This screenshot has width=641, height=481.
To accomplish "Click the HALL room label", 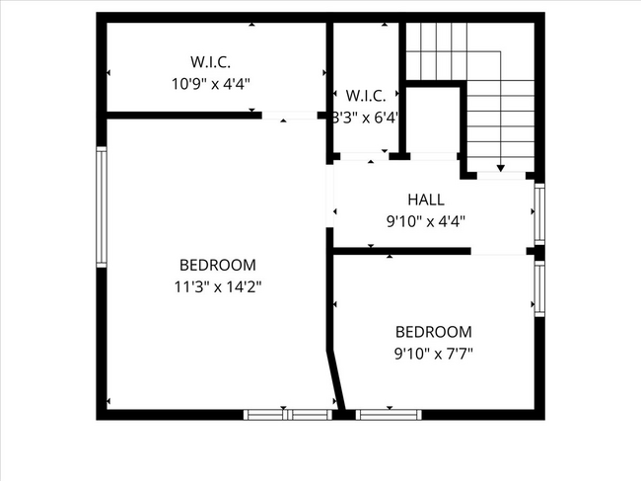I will (426, 200).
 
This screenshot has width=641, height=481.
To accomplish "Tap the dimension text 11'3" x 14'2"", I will (218, 286).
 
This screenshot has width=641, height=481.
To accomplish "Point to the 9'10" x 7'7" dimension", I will (433, 353).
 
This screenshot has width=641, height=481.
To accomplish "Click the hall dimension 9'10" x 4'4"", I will (425, 221).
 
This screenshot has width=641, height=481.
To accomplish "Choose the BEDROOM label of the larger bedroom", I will (218, 265).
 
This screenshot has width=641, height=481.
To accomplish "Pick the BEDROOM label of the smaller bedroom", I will (433, 332).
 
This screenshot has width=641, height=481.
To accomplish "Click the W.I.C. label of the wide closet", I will (211, 61).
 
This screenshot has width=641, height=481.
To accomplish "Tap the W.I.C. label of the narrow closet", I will (365, 96).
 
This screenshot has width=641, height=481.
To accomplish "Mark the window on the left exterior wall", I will (101, 205).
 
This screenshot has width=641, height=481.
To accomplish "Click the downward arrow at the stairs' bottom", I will (501, 169).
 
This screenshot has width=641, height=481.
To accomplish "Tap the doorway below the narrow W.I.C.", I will (364, 156).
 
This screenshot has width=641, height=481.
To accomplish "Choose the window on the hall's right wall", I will (539, 214).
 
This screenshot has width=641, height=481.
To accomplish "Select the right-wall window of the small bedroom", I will (539, 287).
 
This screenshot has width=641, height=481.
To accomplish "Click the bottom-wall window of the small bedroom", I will (389, 414).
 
